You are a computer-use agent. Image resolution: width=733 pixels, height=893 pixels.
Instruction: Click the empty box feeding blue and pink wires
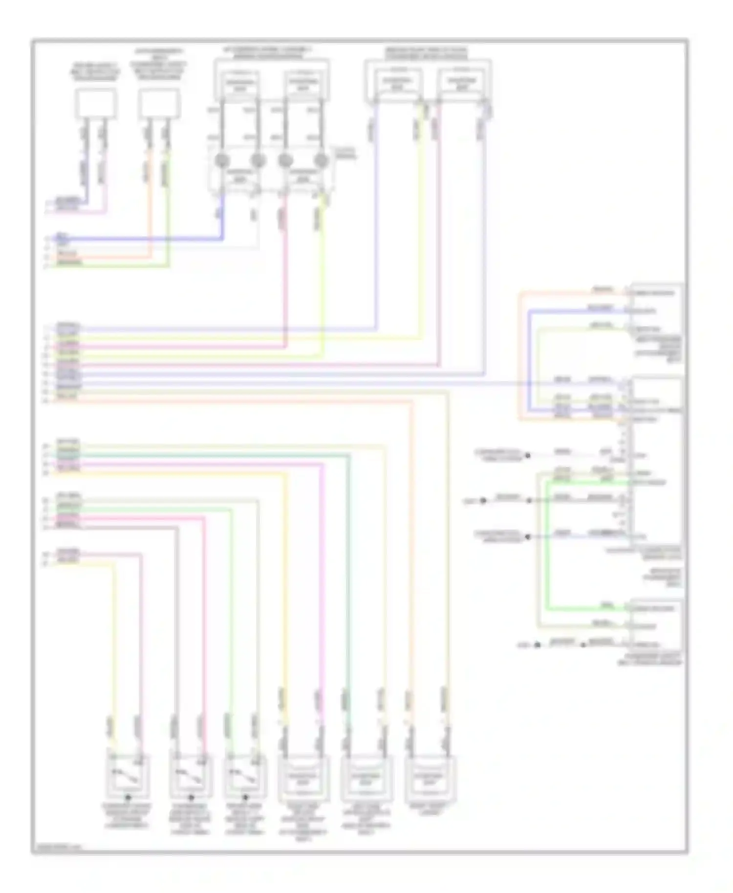point(96,104)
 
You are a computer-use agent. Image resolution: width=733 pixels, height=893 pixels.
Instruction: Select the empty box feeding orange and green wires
point(159,104)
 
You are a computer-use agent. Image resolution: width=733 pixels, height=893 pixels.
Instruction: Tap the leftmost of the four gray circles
point(222,160)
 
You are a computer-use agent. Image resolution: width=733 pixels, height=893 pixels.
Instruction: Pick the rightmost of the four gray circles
point(321,160)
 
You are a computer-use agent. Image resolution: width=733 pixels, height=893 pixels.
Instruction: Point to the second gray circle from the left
point(258,160)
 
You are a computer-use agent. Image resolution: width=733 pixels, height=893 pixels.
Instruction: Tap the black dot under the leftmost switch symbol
point(128,798)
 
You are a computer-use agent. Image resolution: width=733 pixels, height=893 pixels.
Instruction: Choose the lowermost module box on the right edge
point(656,625)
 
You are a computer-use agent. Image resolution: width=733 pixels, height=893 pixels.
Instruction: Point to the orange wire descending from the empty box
point(150,205)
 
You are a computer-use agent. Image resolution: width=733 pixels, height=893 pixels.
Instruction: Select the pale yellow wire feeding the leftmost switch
point(115,635)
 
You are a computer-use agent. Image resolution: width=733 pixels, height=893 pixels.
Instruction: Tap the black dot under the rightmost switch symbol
point(246,798)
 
